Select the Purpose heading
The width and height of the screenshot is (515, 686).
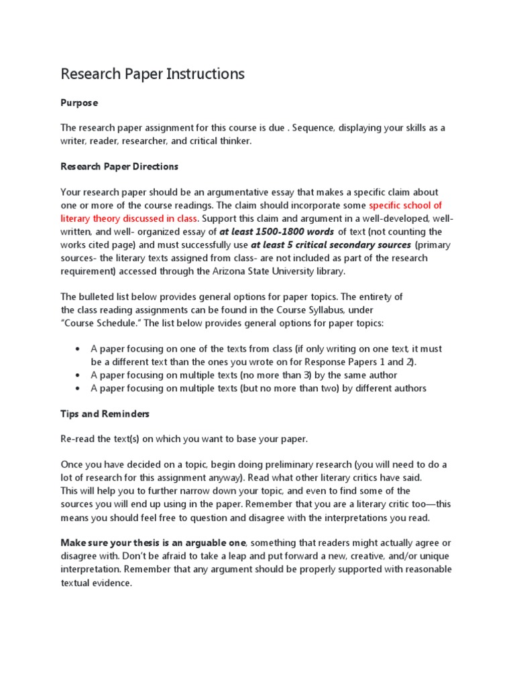(79, 102)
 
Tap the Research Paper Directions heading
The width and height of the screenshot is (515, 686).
(119, 166)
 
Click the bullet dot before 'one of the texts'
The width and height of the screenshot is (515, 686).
(79, 349)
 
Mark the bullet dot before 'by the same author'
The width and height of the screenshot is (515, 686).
(79, 375)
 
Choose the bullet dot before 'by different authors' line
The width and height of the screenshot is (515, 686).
(79, 389)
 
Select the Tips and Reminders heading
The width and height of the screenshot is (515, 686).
(105, 413)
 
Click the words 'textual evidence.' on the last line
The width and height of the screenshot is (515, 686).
(97, 583)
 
